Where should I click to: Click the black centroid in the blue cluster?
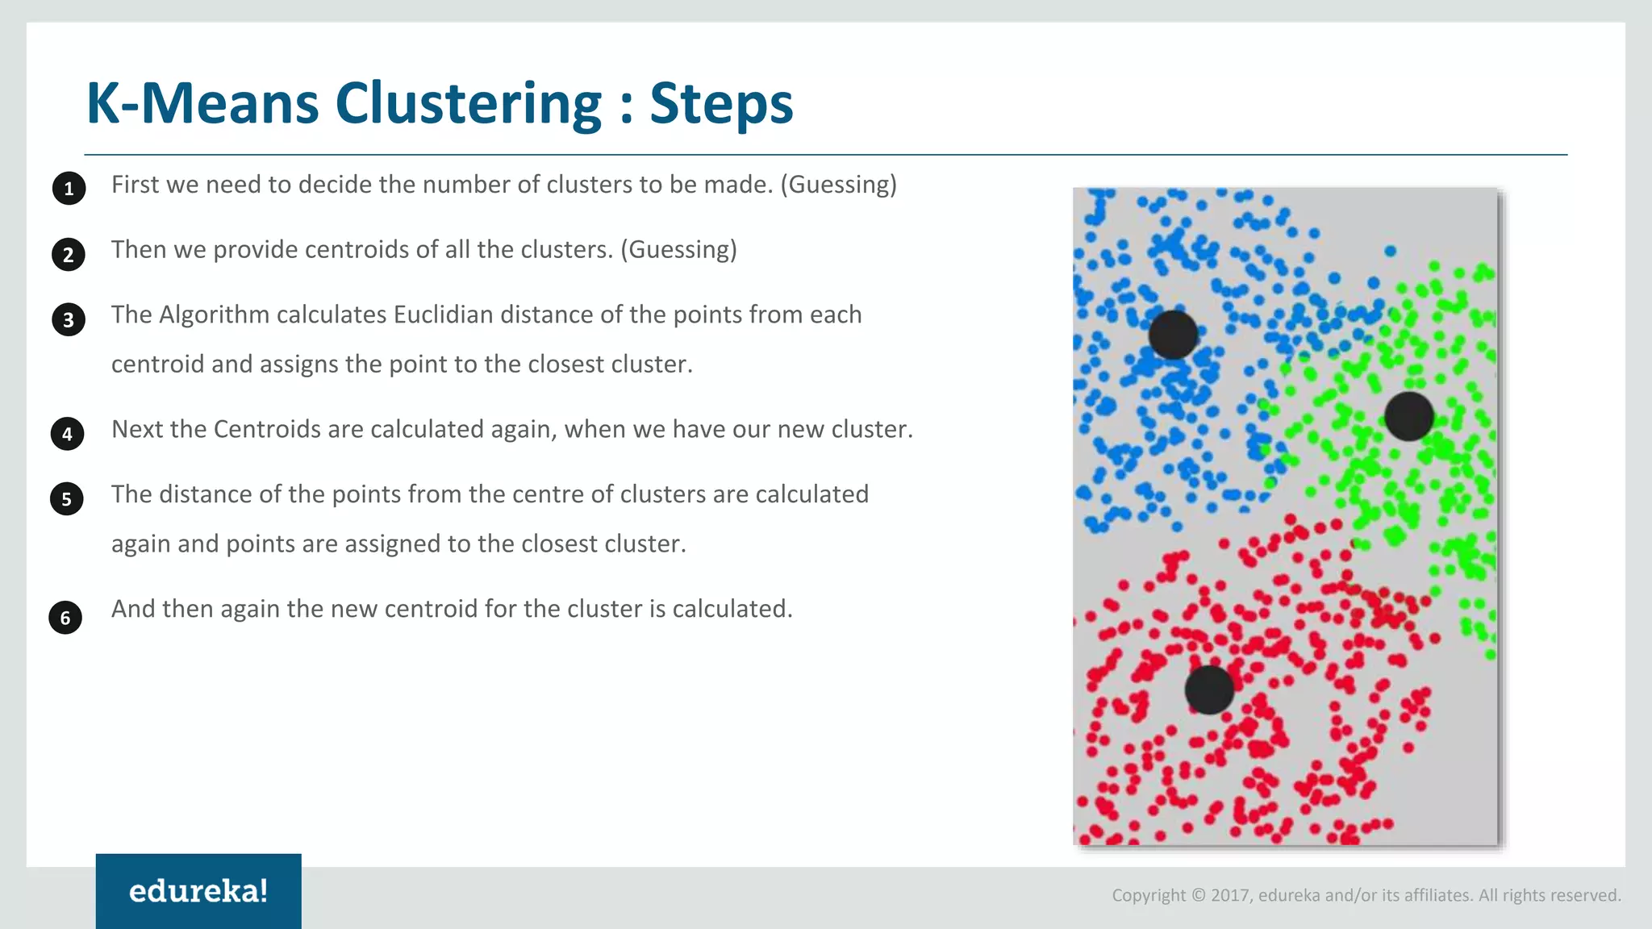tap(1173, 335)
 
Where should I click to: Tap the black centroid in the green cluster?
tap(1408, 416)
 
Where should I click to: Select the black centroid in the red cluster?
tap(1209, 689)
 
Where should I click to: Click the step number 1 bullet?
tap(69, 189)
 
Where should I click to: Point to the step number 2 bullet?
tap(69, 255)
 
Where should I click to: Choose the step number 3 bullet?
tap(69, 320)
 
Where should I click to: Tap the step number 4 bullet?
tap(67, 434)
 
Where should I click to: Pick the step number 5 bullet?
tap(66, 499)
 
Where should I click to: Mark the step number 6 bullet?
tap(65, 618)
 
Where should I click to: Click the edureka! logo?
tap(198, 891)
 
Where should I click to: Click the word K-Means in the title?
tap(202, 103)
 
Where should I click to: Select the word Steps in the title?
tap(721, 103)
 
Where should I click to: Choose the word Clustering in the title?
tap(468, 103)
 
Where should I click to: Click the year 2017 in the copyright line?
tap(1230, 895)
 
